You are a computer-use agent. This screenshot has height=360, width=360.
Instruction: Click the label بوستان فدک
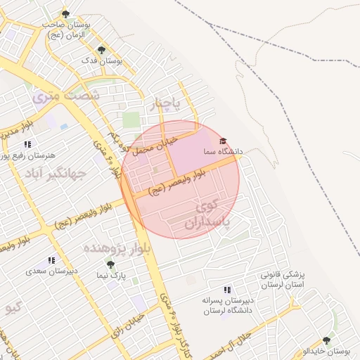tap(102, 61)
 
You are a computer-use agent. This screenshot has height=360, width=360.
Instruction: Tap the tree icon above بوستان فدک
tap(102, 50)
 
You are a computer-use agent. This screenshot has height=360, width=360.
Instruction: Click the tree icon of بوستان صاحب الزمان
tap(65, 13)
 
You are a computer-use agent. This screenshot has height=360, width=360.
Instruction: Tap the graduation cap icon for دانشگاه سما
tap(224, 141)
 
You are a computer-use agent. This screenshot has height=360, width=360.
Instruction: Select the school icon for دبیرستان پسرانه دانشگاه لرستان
tap(226, 289)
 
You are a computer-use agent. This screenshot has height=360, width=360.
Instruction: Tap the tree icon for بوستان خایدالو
tap(326, 340)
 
